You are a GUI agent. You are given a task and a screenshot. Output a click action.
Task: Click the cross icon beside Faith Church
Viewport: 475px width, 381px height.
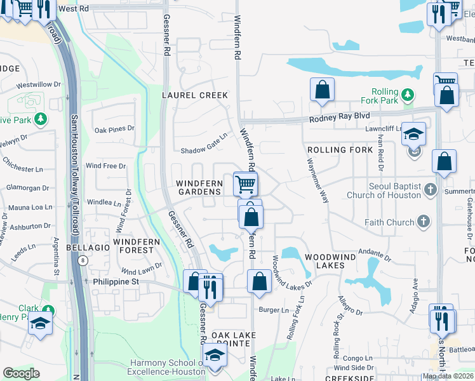(x=424, y=222)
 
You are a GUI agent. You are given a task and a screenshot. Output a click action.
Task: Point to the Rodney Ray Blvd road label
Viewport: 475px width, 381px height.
(x=339, y=117)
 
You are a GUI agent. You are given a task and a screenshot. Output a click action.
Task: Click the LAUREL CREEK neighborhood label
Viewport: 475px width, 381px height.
(x=194, y=95)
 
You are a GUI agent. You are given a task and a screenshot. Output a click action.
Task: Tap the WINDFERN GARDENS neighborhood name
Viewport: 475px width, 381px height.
(x=199, y=188)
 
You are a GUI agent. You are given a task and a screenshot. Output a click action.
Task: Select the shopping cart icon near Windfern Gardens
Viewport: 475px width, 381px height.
(x=245, y=184)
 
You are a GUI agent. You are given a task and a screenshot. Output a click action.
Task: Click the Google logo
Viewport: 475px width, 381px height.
(x=21, y=373)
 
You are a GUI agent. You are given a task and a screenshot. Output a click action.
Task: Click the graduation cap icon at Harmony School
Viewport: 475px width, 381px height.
(x=215, y=356)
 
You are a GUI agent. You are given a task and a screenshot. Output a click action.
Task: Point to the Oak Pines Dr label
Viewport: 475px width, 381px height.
(x=114, y=130)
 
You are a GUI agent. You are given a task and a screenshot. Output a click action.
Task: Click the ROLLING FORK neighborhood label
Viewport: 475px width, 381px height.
(x=340, y=150)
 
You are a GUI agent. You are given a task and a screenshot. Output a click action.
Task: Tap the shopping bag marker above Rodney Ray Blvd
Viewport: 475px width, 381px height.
(x=322, y=90)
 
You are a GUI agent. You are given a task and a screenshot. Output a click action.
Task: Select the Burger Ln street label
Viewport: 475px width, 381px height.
(x=273, y=310)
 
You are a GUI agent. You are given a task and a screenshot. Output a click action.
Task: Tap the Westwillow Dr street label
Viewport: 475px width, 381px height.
(x=38, y=84)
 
